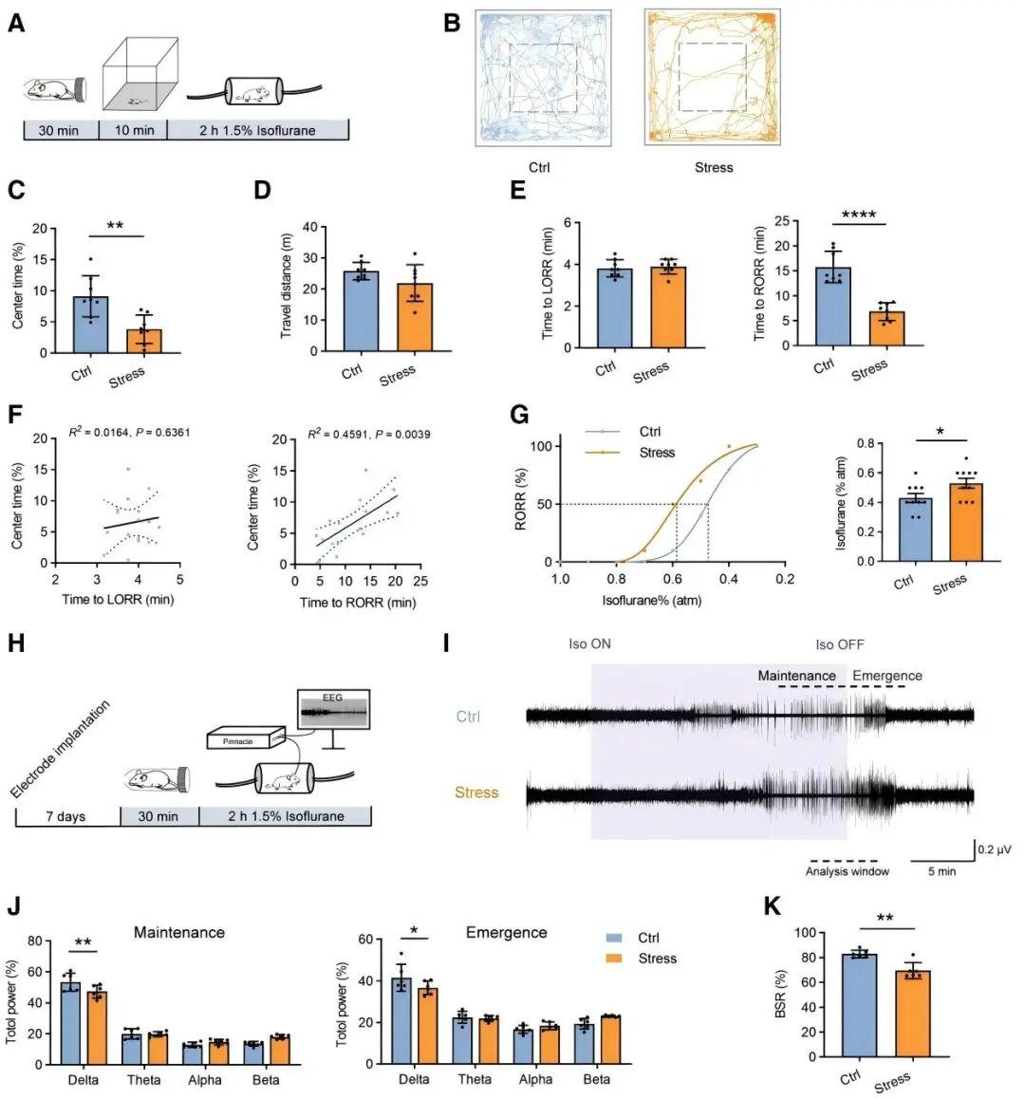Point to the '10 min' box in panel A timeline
(133, 130)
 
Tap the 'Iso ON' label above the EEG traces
(589, 644)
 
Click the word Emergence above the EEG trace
(886, 676)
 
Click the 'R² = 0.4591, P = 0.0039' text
(367, 435)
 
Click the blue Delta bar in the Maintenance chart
(70, 1023)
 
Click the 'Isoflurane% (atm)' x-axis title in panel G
(651, 601)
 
